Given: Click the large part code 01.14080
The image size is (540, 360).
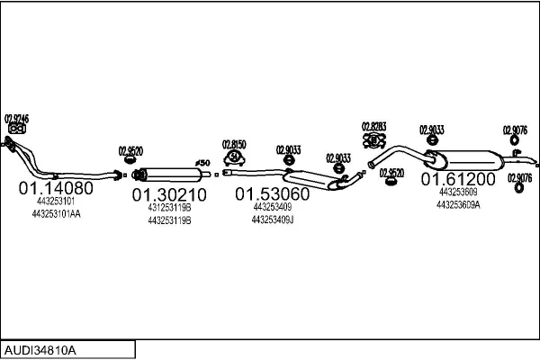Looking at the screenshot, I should click(56, 189).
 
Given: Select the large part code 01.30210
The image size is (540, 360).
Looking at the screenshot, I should click(169, 194).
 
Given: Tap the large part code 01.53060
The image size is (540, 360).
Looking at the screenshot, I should click(273, 194).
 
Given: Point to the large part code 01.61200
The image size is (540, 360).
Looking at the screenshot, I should click(458, 179).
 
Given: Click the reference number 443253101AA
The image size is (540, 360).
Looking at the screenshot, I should click(56, 214).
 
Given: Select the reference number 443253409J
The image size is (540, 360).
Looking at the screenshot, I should click(273, 220).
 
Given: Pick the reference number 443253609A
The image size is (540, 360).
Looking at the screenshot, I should click(458, 204).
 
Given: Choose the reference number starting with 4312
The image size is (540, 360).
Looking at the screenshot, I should click(169, 208).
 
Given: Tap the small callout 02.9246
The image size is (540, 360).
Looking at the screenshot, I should click(16, 118).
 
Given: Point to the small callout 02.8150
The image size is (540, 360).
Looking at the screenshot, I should click(234, 143).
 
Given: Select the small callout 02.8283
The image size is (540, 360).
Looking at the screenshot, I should click(373, 126).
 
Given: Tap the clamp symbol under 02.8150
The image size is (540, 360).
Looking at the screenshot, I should click(234, 158).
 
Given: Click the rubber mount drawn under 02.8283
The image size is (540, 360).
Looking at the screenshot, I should click(373, 141).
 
